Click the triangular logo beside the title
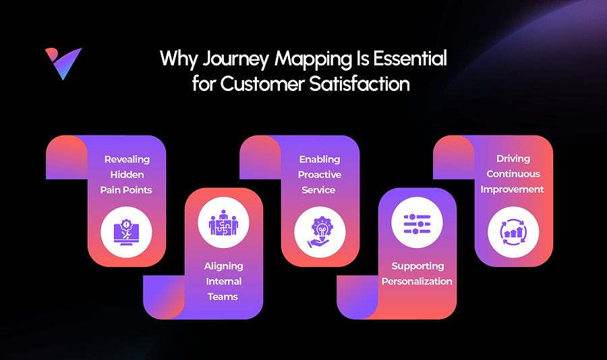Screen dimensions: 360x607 63,63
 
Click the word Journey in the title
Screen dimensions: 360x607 233,59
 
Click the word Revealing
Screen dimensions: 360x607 127,160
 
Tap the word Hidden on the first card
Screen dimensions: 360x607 127,175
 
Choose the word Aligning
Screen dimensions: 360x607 223,266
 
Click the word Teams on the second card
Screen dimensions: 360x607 223,297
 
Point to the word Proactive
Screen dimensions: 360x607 319,175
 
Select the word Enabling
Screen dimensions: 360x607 319,160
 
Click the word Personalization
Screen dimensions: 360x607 417,281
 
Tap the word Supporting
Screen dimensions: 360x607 417,266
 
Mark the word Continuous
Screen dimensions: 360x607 513,174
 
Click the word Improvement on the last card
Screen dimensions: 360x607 513,189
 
